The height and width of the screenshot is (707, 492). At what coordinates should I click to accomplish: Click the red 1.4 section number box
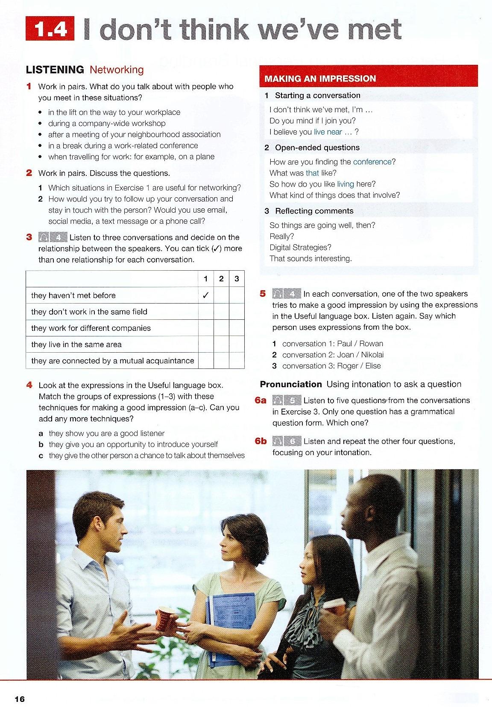coord(50,29)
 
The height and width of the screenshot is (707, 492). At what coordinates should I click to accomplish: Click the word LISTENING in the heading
coord(55,70)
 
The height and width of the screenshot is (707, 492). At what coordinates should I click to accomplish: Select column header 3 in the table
coord(237,279)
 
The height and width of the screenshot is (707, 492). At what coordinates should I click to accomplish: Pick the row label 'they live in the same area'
coord(76,345)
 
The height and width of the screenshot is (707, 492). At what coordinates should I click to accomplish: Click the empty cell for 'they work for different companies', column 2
coord(221,328)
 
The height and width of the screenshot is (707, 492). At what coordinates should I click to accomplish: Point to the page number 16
coord(20,699)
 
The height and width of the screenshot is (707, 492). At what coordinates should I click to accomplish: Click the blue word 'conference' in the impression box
coord(372,162)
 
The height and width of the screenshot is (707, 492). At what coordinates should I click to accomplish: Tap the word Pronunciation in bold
coord(291,384)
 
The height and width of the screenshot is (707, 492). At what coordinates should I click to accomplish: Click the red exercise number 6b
coord(261,441)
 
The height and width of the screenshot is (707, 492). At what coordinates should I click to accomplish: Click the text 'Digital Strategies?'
coord(300,248)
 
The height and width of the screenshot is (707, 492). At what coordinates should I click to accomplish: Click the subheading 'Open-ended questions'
coord(317,148)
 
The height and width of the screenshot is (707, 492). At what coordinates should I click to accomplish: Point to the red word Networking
coord(117,70)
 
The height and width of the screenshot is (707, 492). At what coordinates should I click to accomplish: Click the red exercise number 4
coord(29,385)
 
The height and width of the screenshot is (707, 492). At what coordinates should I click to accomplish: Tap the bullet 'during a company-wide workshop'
coord(106,123)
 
